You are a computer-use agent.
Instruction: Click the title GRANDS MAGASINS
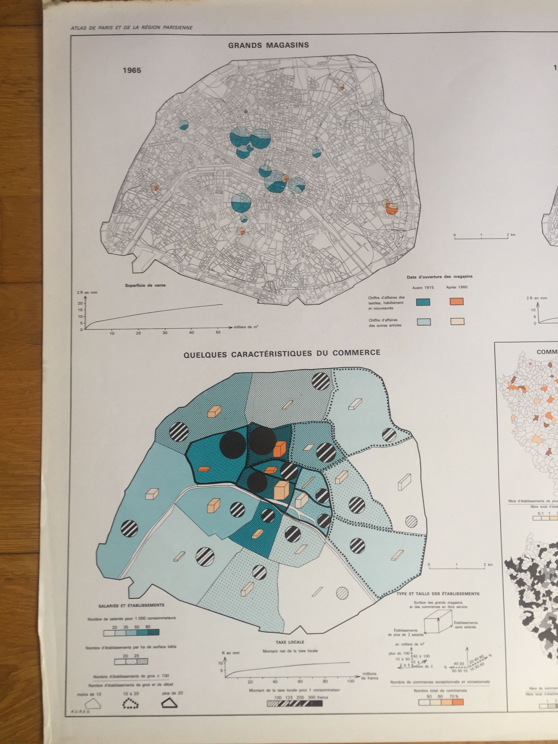269,45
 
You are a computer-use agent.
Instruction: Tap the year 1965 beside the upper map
132,70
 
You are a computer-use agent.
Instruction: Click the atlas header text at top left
132,28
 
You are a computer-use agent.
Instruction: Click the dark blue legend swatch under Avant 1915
423,302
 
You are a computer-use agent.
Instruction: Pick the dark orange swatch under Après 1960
456,301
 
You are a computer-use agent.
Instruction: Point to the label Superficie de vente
145,285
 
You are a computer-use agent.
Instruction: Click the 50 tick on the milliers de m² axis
218,332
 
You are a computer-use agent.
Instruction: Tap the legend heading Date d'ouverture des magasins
440,277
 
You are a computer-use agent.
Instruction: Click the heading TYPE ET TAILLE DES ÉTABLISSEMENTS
438,594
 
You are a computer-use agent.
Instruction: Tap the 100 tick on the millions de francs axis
351,681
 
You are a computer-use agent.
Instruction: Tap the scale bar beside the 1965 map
481,238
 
